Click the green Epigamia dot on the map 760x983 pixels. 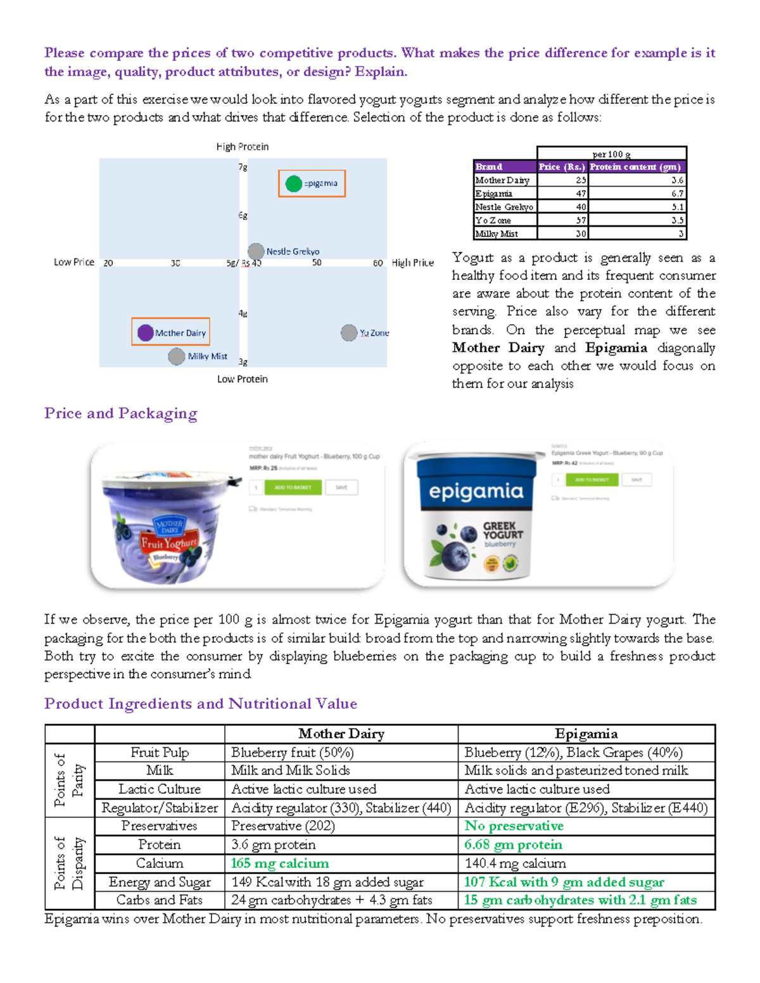pyautogui.click(x=293, y=184)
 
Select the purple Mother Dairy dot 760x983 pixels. pyautogui.click(x=146, y=332)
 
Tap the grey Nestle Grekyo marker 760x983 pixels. pyautogui.click(x=256, y=251)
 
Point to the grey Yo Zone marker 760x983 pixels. pyautogui.click(x=349, y=332)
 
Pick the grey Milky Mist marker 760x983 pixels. pyautogui.click(x=177, y=356)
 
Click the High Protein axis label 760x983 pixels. pyautogui.click(x=243, y=147)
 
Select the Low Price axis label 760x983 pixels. pyautogui.click(x=74, y=262)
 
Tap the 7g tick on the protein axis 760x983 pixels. pyautogui.click(x=243, y=167)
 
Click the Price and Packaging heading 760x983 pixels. pyautogui.click(x=121, y=413)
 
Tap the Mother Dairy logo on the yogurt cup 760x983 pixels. pyautogui.click(x=169, y=527)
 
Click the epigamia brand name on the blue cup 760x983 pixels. pyautogui.click(x=476, y=491)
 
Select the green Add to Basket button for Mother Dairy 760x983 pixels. pyautogui.click(x=293, y=487)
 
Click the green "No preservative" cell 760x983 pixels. pyautogui.click(x=514, y=826)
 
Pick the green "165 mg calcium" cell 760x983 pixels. pyautogui.click(x=280, y=863)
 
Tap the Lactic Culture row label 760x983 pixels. pyautogui.click(x=160, y=789)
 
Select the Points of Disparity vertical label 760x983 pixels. pyautogui.click(x=69, y=863)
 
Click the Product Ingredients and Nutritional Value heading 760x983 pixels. pyautogui.click(x=201, y=704)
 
